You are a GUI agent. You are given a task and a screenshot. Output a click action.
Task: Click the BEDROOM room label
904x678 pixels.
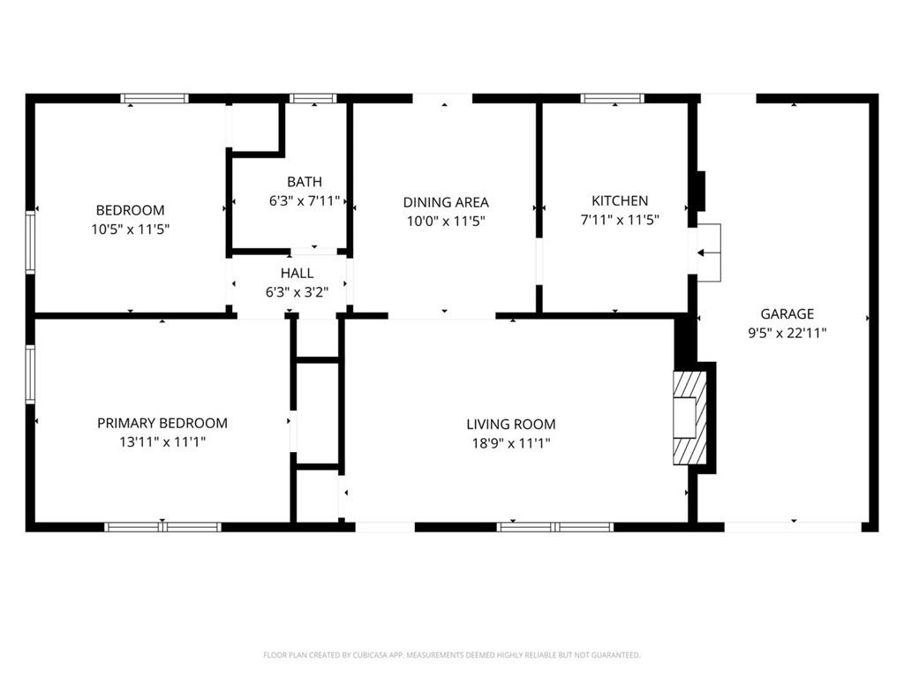131,210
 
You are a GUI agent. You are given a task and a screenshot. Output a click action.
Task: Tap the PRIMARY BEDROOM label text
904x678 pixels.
162,423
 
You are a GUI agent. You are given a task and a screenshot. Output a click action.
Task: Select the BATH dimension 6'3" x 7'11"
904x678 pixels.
305,200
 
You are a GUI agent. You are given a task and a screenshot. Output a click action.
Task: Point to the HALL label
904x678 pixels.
297,273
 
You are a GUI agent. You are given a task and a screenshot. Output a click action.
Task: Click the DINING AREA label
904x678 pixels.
446,202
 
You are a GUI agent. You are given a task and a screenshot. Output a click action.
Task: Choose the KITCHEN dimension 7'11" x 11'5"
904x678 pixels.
620,220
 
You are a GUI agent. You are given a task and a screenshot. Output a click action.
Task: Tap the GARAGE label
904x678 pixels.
787,313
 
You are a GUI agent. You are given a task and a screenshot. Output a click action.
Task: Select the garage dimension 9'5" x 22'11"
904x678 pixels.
787,333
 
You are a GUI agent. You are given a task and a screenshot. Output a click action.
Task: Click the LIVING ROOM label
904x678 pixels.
511,425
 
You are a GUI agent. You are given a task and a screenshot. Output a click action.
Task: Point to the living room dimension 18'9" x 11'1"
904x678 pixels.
511,443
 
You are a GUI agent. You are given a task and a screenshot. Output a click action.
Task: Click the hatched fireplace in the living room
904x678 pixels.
689,418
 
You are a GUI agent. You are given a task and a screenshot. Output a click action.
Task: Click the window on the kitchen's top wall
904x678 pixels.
612,98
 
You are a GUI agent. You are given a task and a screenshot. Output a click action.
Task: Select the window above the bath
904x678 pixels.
313,98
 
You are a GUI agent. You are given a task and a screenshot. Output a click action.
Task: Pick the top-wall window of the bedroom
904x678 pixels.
154,98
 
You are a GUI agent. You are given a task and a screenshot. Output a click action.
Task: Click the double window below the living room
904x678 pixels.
555,527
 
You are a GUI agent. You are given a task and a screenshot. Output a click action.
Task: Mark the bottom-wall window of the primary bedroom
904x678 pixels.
162,527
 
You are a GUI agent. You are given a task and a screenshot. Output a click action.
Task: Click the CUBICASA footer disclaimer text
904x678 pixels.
451,655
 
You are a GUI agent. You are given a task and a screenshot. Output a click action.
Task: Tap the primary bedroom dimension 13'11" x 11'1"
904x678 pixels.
162,442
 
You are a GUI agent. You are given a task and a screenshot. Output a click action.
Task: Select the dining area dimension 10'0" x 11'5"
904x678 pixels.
446,221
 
